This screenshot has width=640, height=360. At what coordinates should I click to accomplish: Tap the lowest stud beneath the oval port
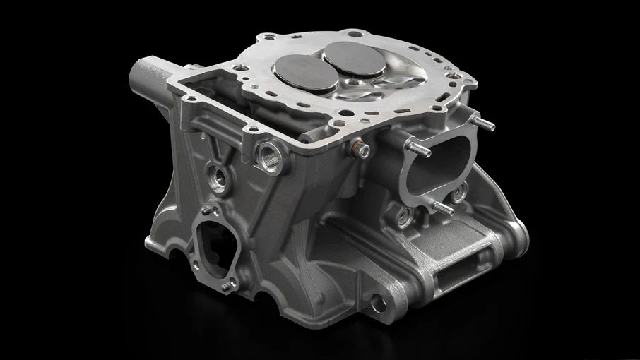pyautogui.click(x=442, y=207)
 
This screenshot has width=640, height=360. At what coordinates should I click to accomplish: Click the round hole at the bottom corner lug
pyautogui.click(x=379, y=304)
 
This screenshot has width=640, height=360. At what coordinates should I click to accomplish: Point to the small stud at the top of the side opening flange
pyautogui.click(x=204, y=210)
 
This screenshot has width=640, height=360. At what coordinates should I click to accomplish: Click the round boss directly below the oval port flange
pyautogui.click(x=403, y=216)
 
